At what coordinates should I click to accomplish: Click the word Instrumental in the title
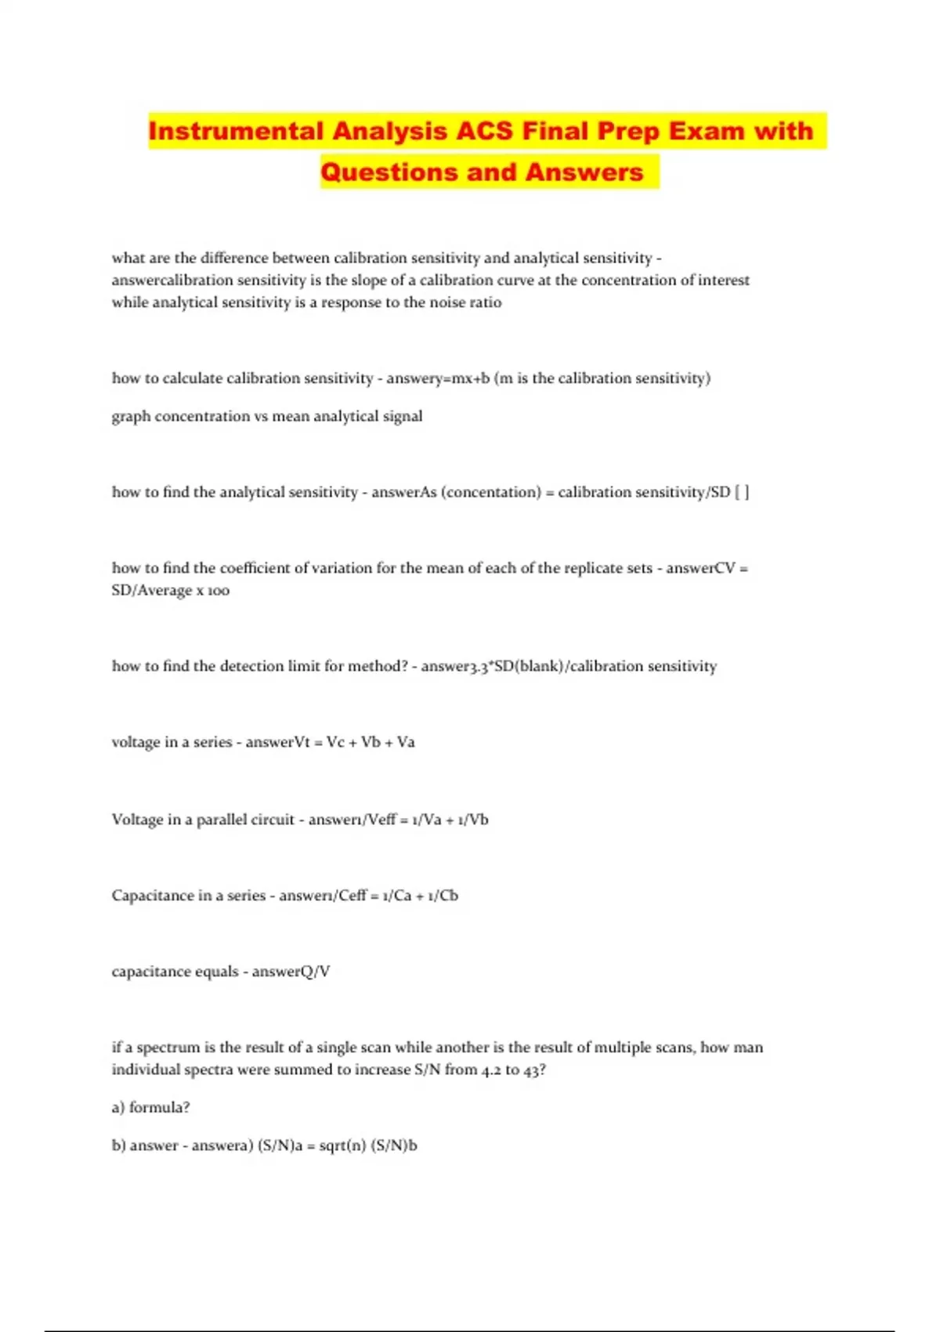235,131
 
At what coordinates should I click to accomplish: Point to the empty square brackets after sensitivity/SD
741,492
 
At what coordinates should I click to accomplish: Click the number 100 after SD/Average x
219,591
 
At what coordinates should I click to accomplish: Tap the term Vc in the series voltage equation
334,742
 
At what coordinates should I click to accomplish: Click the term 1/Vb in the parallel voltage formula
473,820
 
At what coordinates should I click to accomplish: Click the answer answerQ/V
291,972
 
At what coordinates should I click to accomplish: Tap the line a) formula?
151,1107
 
